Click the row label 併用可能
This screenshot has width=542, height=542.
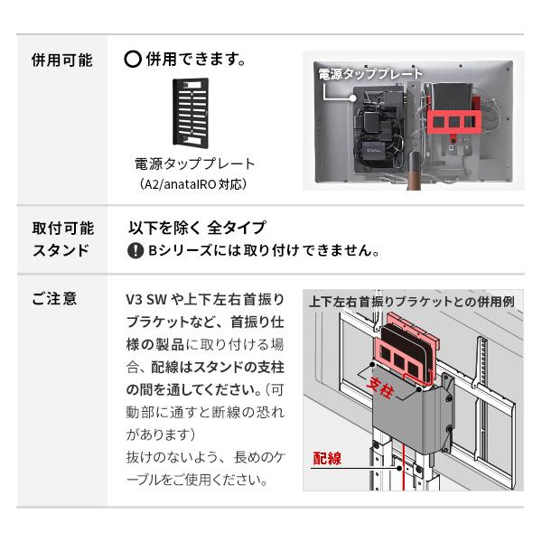[x=61, y=61]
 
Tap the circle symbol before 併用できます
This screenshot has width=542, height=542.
[x=132, y=61]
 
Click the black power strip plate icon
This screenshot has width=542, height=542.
[x=191, y=113]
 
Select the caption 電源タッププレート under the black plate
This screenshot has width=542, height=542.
[x=194, y=164]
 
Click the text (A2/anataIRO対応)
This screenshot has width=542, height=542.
[x=193, y=183]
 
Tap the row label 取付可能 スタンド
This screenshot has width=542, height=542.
[x=61, y=239]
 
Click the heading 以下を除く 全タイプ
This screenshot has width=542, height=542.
[x=196, y=229]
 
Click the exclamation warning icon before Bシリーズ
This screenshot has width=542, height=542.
[x=135, y=250]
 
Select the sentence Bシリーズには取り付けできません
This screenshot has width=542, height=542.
[x=263, y=250]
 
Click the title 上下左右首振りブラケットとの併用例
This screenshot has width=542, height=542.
[x=411, y=302]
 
